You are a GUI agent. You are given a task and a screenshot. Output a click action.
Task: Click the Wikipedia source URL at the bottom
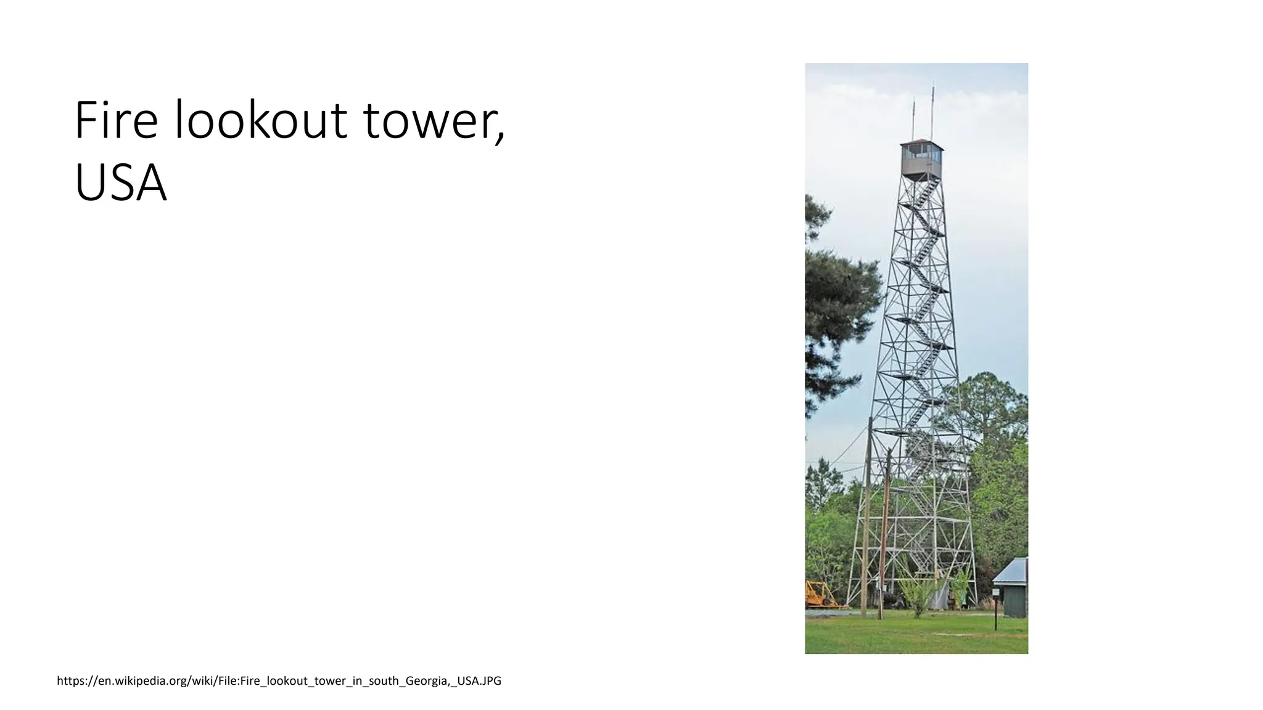tap(279, 681)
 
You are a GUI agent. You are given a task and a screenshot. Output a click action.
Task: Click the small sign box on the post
tap(995, 592)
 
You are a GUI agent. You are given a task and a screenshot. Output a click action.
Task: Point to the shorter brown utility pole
tap(885, 536)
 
